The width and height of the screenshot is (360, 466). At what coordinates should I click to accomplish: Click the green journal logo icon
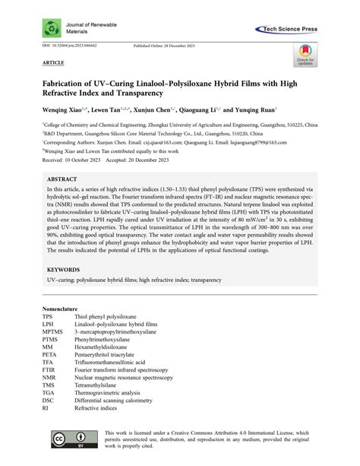45,28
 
